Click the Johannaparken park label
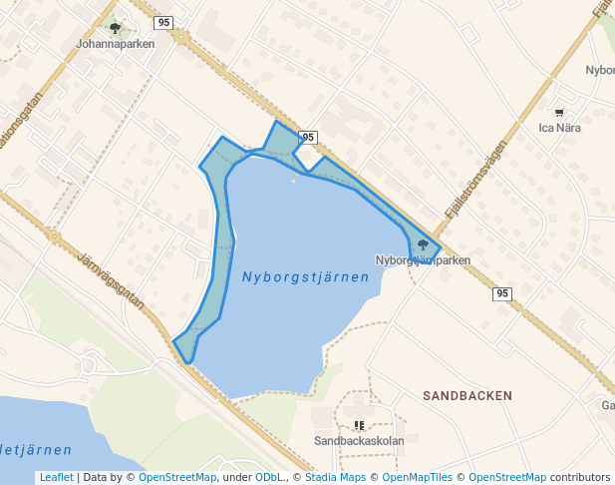pyautogui.click(x=116, y=44)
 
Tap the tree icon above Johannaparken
pyautogui.click(x=116, y=28)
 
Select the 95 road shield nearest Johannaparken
pyautogui.click(x=164, y=22)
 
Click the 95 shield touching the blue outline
pyautogui.click(x=308, y=137)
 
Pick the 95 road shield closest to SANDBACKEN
pyautogui.click(x=502, y=293)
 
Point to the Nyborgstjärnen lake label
pyautogui.click(x=305, y=277)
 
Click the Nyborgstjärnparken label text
pyautogui.click(x=422, y=260)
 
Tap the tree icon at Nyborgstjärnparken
pyautogui.click(x=423, y=244)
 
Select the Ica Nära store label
pyautogui.click(x=559, y=128)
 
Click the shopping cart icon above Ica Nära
pyautogui.click(x=559, y=112)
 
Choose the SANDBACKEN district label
pyautogui.click(x=467, y=395)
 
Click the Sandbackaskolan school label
pyautogui.click(x=359, y=440)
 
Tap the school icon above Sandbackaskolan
pyautogui.click(x=359, y=425)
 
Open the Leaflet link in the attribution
pyautogui.click(x=56, y=477)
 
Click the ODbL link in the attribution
pyautogui.click(x=269, y=477)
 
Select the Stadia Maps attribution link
pyautogui.click(x=335, y=477)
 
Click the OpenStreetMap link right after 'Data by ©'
pyautogui.click(x=177, y=477)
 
